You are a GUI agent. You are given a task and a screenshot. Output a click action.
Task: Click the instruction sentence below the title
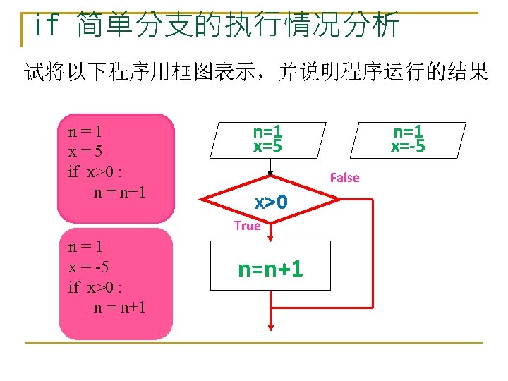tap(255, 73)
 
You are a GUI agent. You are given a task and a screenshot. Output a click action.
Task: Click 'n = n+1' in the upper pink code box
tap(119, 190)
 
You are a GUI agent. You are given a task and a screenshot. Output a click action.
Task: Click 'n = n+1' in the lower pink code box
tap(119, 307)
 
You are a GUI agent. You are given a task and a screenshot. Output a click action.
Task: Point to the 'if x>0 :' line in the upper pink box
tap(95, 171)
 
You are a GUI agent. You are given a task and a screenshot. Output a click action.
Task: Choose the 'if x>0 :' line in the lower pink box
tap(95, 287)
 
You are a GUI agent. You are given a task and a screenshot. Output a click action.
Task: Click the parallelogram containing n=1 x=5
tap(269, 139)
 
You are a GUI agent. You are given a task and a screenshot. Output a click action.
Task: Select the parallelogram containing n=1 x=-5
tap(409, 139)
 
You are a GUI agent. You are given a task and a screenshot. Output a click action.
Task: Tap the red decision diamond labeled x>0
tap(272, 202)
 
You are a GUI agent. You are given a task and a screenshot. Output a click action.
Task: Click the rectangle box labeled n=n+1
tap(271, 266)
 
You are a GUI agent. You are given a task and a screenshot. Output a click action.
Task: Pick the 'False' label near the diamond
tap(344, 178)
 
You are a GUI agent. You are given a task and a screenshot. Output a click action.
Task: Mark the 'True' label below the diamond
tap(247, 226)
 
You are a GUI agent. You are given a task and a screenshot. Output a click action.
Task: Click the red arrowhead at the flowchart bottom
tap(271, 325)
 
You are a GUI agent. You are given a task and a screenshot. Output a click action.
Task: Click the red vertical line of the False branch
tap(371, 254)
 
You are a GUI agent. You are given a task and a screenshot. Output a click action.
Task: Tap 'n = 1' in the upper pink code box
tap(85, 131)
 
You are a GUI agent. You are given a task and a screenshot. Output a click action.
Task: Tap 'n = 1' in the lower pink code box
tap(85, 248)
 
